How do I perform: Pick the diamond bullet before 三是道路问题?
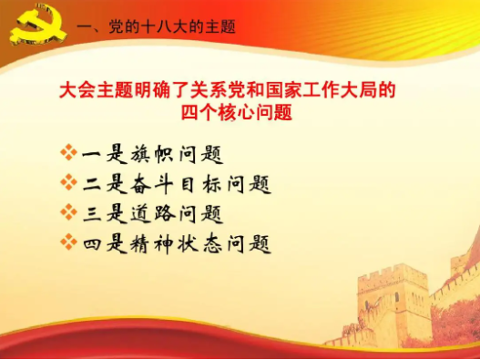[68, 213]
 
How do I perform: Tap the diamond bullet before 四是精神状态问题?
[68, 243]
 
